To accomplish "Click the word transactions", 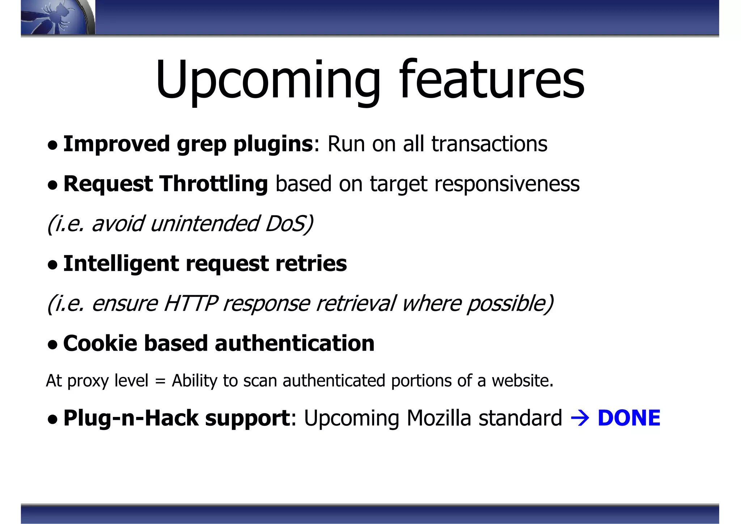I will pyautogui.click(x=489, y=144).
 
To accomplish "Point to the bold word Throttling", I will pyautogui.click(x=214, y=184).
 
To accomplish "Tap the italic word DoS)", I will pyautogui.click(x=289, y=224).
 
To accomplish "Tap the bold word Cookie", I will pyautogui.click(x=100, y=343).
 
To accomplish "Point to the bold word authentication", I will pyautogui.click(x=295, y=343).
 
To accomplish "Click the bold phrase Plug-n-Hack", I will pyautogui.click(x=131, y=418).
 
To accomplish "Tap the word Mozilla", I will pyautogui.click(x=439, y=418).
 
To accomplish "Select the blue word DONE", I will pyautogui.click(x=629, y=418).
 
